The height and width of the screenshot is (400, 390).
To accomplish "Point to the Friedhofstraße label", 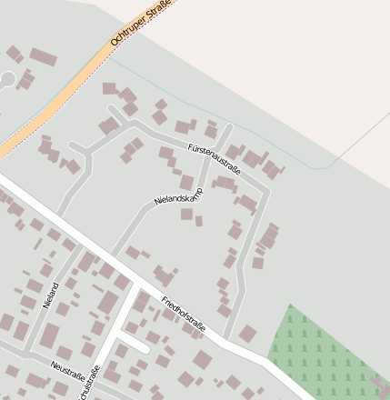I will click(x=185, y=314).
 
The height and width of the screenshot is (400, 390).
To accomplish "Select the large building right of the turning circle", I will click(x=42, y=57).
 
